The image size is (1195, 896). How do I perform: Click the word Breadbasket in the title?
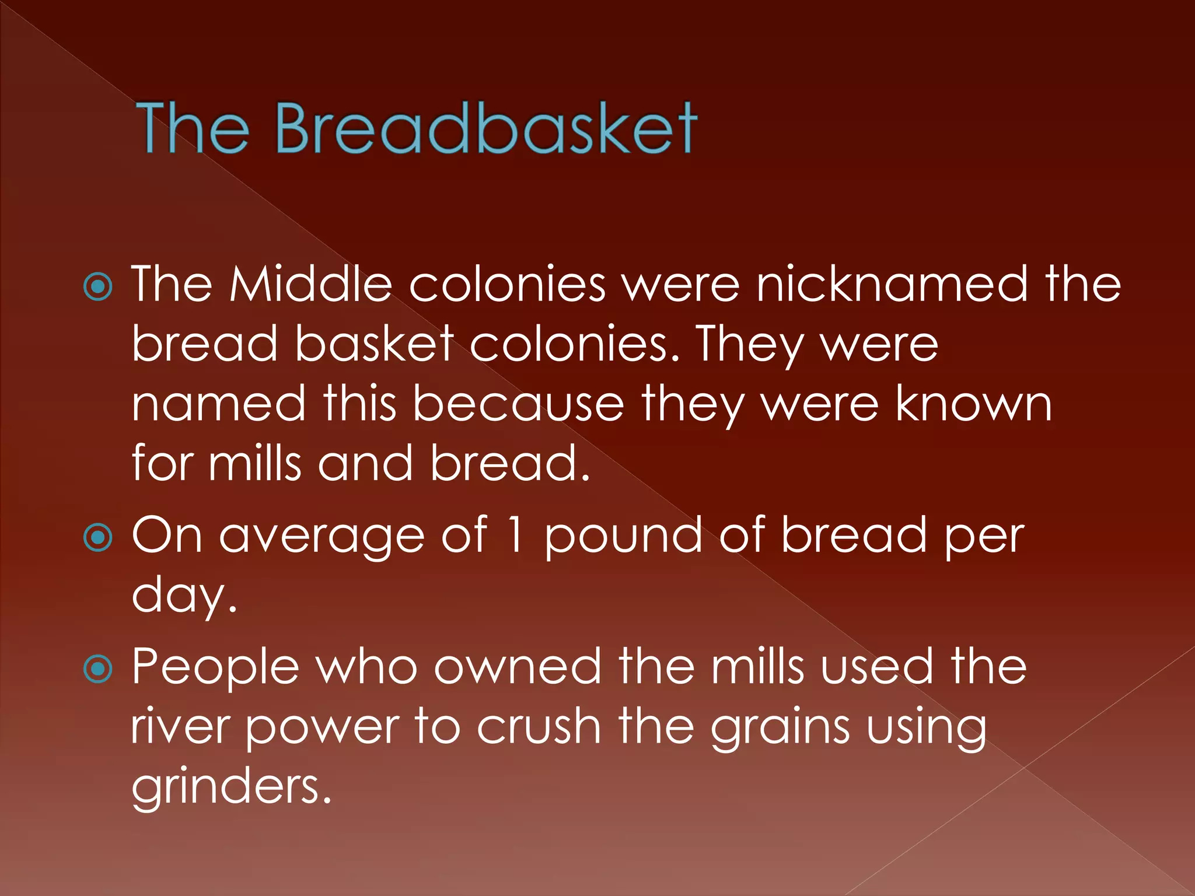click(485, 128)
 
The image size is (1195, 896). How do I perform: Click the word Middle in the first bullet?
click(310, 284)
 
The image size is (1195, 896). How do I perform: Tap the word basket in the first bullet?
click(374, 344)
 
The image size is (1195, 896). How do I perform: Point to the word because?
click(518, 404)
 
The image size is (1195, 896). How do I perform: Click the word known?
click(974, 404)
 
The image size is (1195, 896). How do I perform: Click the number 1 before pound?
click(515, 535)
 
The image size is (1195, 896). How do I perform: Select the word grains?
click(780, 729)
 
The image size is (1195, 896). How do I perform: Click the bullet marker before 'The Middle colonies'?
click(98, 287)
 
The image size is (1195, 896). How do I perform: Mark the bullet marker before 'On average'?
click(98, 537)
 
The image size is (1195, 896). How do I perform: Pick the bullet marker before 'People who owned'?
click(98, 669)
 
